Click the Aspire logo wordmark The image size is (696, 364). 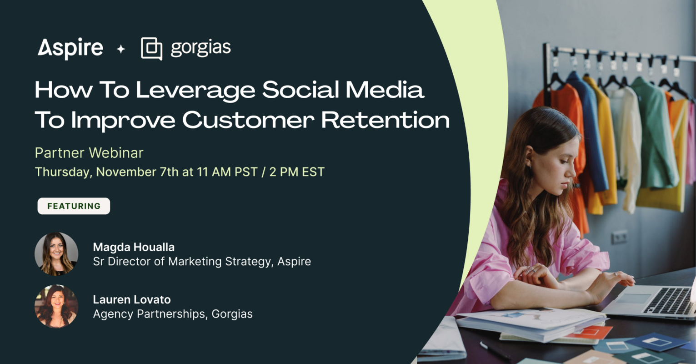tap(70, 48)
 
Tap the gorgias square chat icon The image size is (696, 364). tap(151, 48)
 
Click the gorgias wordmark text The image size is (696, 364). tap(200, 48)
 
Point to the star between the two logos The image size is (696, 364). tap(121, 49)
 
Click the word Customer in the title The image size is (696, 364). tap(248, 120)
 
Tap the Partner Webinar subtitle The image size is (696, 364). tap(89, 153)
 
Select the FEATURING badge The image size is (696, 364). tap(74, 206)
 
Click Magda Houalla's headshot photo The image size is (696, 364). tap(56, 254)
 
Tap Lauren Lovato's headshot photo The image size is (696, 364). tap(56, 306)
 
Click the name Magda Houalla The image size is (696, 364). tap(134, 247)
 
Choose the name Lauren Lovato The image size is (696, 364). tap(132, 299)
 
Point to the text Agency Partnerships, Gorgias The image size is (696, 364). tap(173, 314)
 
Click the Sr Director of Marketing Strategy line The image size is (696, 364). tap(202, 262)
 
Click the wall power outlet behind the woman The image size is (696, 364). tap(619, 237)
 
